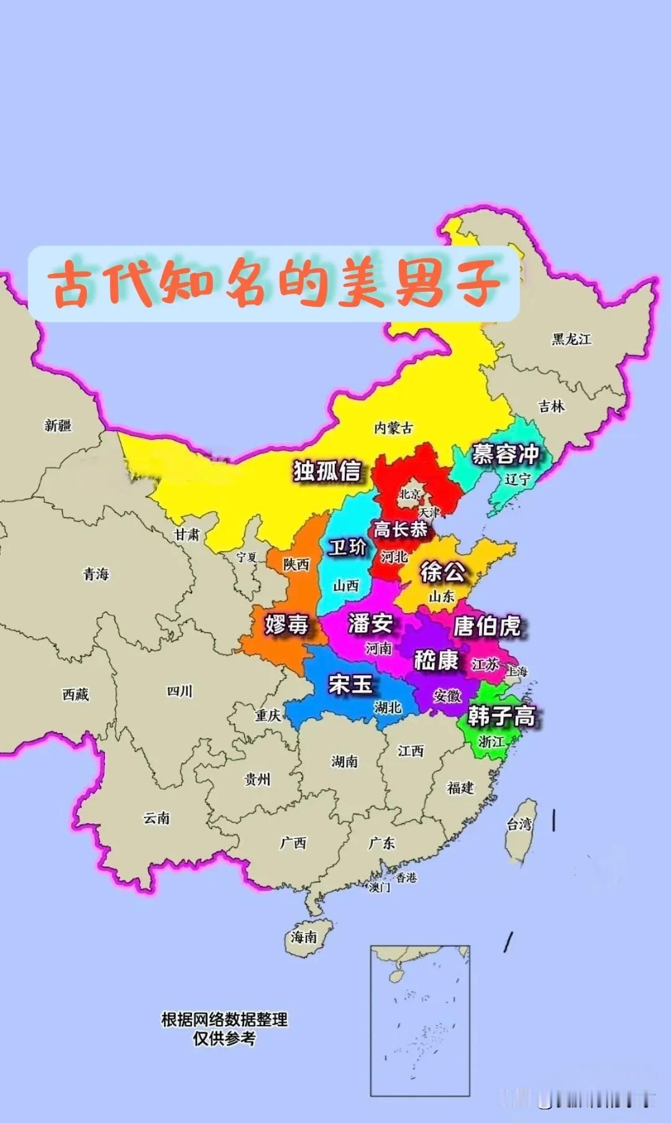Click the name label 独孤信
tap(327, 471)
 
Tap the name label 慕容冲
tap(504, 454)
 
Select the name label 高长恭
tap(400, 529)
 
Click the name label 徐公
tap(442, 571)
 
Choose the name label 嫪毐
tap(286, 623)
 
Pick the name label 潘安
tap(370, 622)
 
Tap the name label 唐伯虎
tap(487, 625)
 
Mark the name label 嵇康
tap(436, 660)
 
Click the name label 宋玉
tap(350, 684)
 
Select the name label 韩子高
tap(501, 716)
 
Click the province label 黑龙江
tap(572, 339)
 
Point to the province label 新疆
tap(58, 425)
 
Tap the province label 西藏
tap(75, 694)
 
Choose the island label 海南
tap(304, 937)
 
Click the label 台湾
tap(519, 824)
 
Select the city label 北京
tap(409, 494)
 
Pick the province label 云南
tap(157, 818)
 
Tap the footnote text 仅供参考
tap(224, 1039)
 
